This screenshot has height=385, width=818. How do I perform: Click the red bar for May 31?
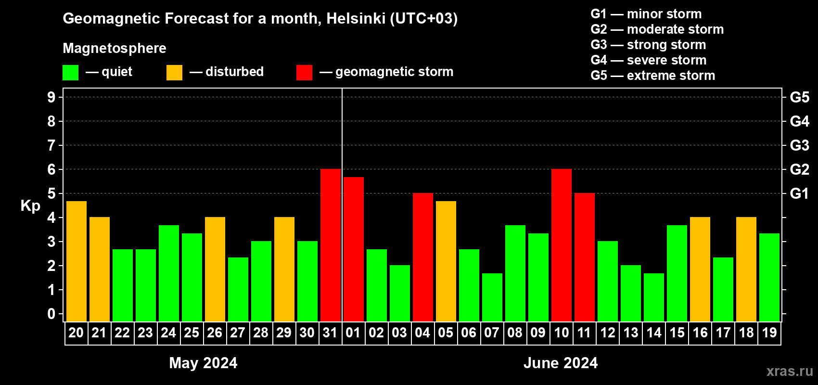pos(331,245)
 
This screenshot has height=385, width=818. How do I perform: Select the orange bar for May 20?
pos(77,261)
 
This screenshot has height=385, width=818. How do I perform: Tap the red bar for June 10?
pos(562,245)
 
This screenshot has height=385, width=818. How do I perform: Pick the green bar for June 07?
pos(492,297)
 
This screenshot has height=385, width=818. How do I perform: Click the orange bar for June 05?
pos(446,261)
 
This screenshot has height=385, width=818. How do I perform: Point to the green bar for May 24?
pos(169,273)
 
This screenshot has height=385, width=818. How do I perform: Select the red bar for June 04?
pos(423,257)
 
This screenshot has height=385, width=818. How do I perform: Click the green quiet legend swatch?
pos(71,73)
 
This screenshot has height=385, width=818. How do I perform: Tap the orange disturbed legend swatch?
pos(174,73)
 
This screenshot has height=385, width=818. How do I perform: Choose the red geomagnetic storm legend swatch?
pos(304,73)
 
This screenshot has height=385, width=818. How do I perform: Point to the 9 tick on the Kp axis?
pos(51,97)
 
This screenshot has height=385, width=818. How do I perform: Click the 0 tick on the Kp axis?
pos(51,314)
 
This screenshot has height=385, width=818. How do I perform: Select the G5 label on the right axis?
pos(799,97)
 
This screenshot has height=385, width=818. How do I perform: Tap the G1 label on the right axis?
pos(799,193)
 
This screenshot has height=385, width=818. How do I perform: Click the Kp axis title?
pos(30,206)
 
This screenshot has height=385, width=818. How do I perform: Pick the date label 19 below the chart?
pos(769,333)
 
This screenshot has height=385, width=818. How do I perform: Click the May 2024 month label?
pos(203,363)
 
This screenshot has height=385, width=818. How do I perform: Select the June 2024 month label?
pos(561,363)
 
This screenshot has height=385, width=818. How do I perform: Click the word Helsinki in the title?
pos(356,18)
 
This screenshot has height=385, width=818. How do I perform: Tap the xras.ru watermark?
pos(790,371)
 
